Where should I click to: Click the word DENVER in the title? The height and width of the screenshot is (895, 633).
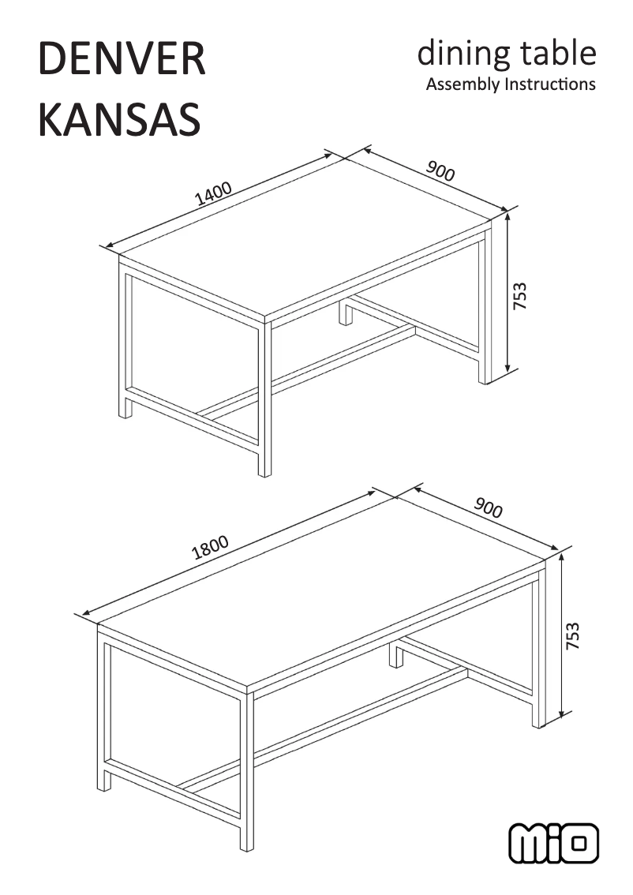pyautogui.click(x=122, y=61)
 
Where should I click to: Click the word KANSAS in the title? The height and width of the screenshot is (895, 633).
pyautogui.click(x=119, y=119)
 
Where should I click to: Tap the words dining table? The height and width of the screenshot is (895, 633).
pyautogui.click(x=506, y=54)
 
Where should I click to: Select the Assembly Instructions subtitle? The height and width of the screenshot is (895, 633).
pyautogui.click(x=510, y=84)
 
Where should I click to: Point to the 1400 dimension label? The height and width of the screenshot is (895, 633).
pyautogui.click(x=213, y=193)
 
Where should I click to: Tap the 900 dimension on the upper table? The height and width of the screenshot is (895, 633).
pyautogui.click(x=440, y=170)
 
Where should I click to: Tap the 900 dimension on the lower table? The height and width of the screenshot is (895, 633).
pyautogui.click(x=488, y=508)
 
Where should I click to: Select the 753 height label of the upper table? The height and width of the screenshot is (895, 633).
pyautogui.click(x=519, y=295)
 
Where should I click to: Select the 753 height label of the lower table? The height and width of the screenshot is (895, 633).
pyautogui.click(x=574, y=636)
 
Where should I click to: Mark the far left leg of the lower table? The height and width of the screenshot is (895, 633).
pyautogui.click(x=104, y=710)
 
